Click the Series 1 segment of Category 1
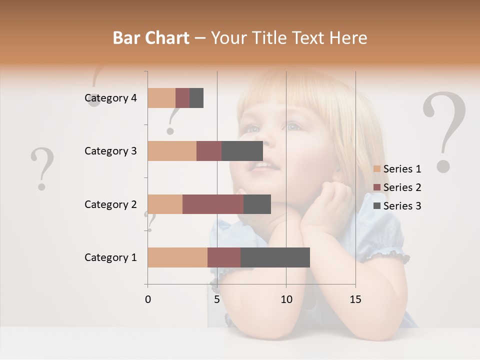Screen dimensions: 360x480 [x=177, y=257]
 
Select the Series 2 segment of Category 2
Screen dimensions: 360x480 [x=213, y=204]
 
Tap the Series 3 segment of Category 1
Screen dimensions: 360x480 [x=275, y=257]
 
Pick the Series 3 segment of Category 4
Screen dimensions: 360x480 [x=196, y=98]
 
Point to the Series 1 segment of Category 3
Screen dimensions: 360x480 [x=172, y=151]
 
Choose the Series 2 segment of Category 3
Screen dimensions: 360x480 [x=209, y=151]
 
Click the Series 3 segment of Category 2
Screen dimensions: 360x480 [x=257, y=204]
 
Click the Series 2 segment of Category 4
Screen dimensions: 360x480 [x=182, y=98]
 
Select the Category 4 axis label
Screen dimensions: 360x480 [x=110, y=98]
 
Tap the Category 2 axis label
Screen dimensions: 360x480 [x=110, y=204]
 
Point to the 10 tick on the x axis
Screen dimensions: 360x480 [x=286, y=299]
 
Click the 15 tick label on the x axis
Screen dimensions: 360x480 [x=355, y=299]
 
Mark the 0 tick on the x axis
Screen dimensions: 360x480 [x=148, y=299]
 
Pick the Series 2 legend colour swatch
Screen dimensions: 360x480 [x=377, y=187]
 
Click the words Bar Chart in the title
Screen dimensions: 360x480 [x=151, y=38]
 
